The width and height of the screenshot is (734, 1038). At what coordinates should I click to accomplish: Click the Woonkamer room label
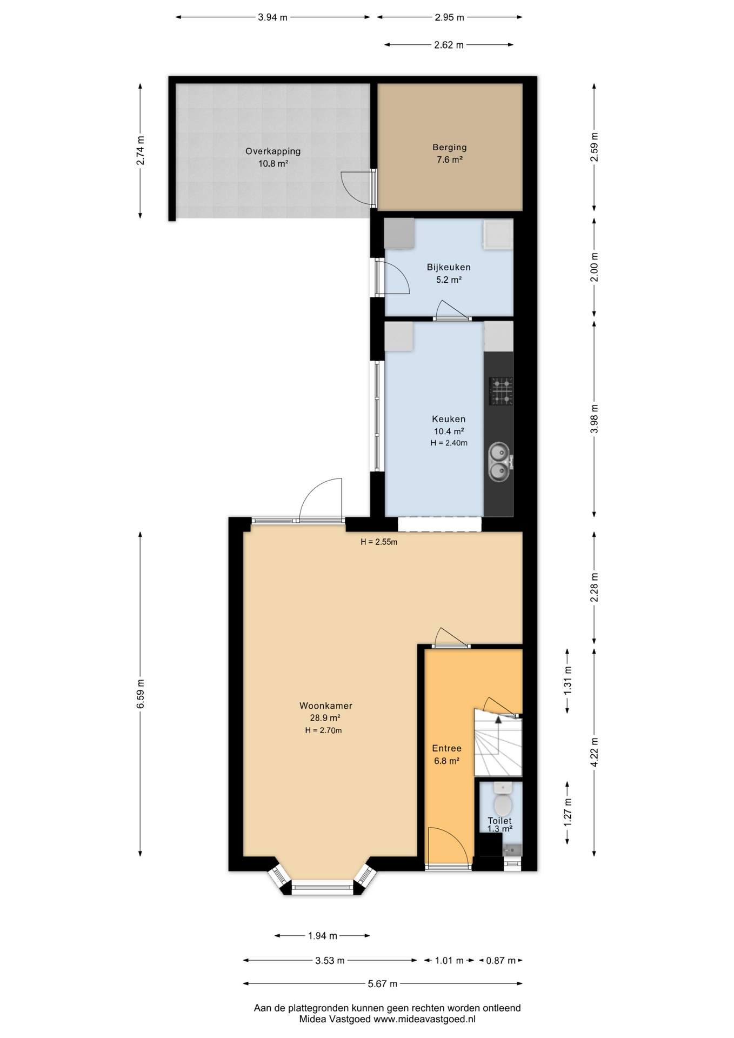point(326,706)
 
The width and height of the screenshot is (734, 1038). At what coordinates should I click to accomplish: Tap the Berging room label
point(449,147)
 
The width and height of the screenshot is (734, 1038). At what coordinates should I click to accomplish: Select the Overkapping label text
point(273,151)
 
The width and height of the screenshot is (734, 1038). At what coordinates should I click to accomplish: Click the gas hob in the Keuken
point(501,391)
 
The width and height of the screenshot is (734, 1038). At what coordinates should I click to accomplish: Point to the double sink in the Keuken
point(499,462)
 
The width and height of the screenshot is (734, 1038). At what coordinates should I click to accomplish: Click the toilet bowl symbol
point(503,803)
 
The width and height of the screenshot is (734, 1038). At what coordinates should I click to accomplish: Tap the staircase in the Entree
point(498,742)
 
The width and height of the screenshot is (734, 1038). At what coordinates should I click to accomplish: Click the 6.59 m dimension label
point(141,694)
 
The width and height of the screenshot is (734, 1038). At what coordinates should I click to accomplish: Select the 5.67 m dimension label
point(383,983)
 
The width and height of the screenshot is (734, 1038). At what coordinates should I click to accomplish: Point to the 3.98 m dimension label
point(595,419)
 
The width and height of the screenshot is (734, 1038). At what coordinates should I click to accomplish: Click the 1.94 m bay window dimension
point(323,935)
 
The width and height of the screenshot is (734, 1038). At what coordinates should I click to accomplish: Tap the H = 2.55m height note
point(379,542)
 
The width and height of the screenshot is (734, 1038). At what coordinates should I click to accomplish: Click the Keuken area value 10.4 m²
point(449,431)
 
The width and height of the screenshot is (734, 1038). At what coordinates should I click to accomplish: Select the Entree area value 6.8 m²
point(447,761)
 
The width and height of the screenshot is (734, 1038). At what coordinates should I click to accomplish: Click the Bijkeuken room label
point(449,267)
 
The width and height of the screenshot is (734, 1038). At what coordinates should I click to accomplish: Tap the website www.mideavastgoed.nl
point(425,1019)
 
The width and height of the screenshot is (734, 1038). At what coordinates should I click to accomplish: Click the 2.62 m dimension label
point(449,45)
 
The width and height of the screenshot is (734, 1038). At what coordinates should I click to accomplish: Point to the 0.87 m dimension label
point(501,960)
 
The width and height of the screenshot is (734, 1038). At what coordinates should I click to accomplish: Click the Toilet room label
point(499,821)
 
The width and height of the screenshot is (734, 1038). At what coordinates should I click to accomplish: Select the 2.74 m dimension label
point(141,150)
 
